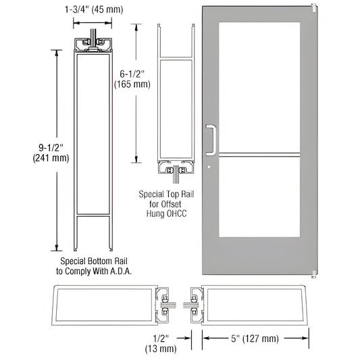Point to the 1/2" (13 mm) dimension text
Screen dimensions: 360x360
[x=163, y=342]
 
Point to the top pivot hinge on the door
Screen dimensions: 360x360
[x=313, y=8]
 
